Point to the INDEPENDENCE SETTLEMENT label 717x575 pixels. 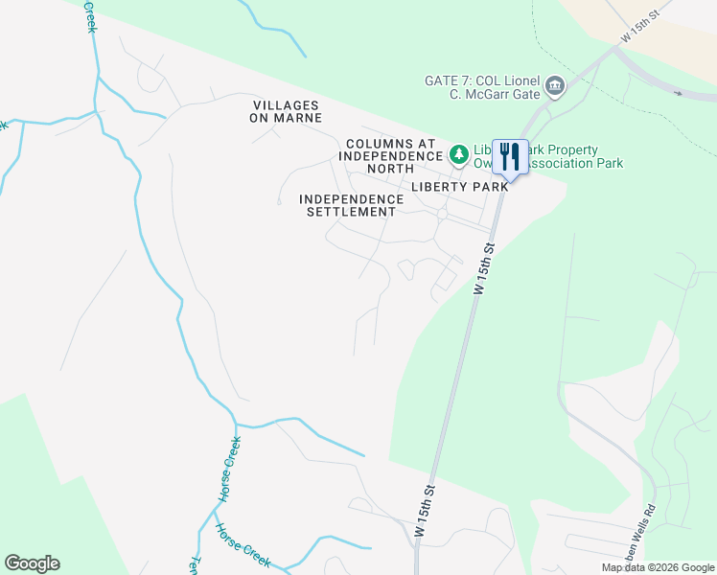click(347, 205)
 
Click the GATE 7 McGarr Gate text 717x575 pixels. click(482, 86)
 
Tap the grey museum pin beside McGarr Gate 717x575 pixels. click(555, 88)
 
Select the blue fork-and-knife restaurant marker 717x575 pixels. click(510, 156)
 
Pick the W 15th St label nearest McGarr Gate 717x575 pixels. click(641, 21)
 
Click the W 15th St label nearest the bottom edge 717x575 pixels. click(427, 510)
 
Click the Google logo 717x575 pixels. click(32, 563)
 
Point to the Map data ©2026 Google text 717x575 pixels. click(659, 567)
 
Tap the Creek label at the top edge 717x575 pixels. click(89, 15)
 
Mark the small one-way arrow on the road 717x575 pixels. click(679, 93)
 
